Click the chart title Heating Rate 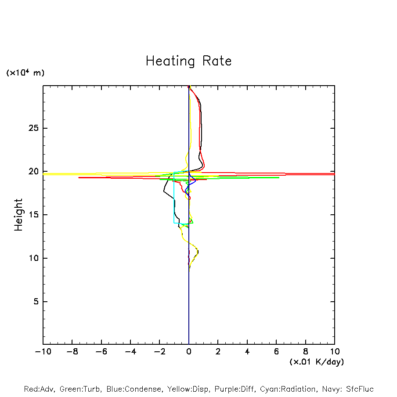[188, 61]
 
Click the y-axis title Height [18, 215]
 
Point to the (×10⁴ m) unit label [25, 73]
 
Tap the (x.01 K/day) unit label [316, 362]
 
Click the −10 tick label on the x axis [43, 352]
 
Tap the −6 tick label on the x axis [101, 352]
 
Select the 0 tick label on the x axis [189, 352]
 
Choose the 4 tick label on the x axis [247, 352]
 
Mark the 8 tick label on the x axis [306, 352]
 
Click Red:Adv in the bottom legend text [39, 389]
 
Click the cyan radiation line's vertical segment [174, 198]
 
